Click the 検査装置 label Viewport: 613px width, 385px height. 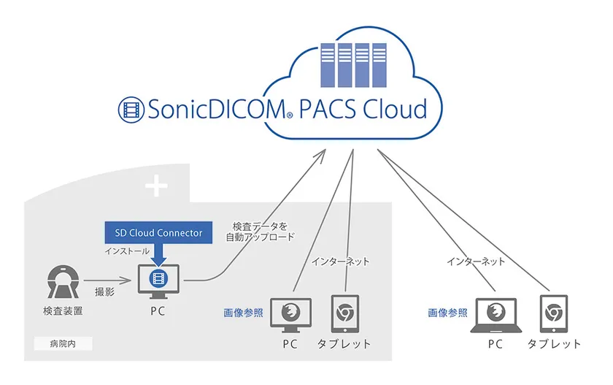[x=63, y=312]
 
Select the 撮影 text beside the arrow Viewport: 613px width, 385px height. [x=103, y=291]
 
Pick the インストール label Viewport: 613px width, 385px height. [x=125, y=251]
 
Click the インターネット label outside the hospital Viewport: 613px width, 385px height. [x=477, y=261]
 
